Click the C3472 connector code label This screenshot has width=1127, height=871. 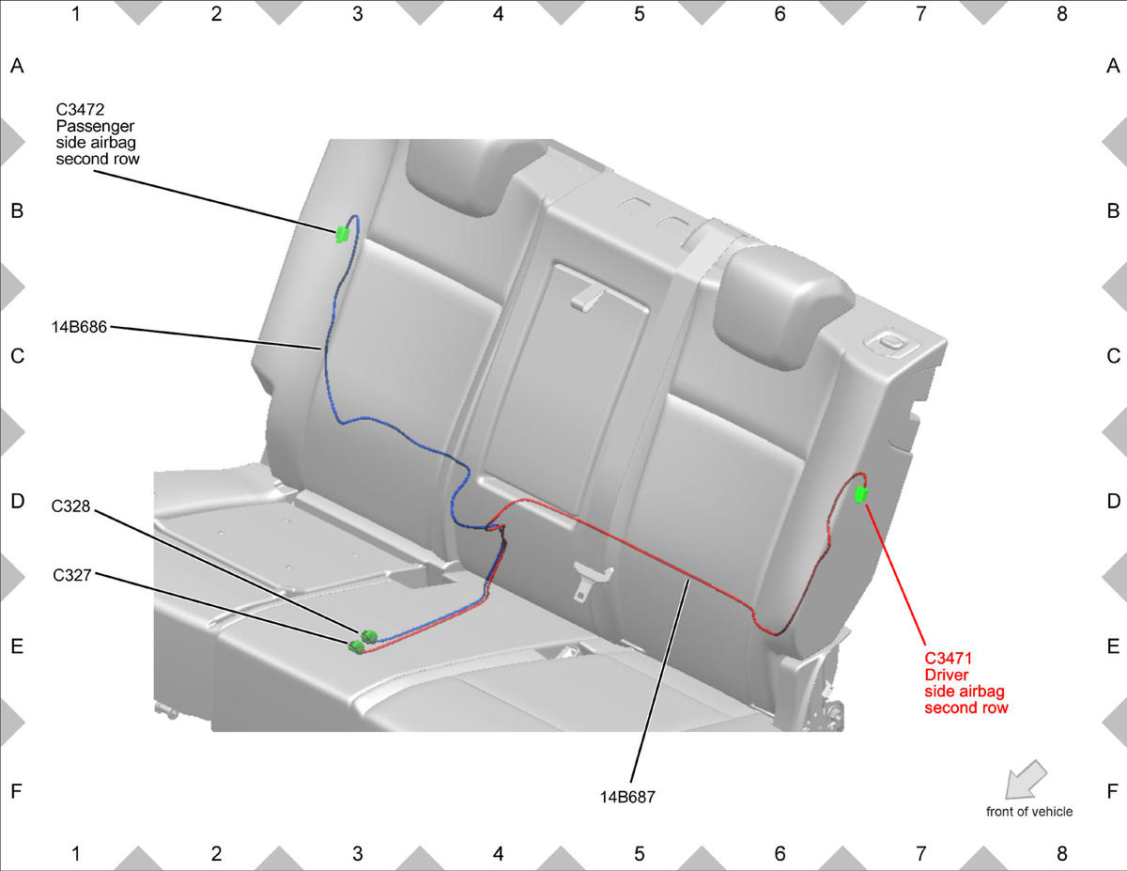click(80, 109)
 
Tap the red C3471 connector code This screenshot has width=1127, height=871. click(948, 659)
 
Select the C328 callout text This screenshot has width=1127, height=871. click(70, 505)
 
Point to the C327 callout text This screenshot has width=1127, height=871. click(72, 575)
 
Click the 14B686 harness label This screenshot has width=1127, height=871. click(79, 327)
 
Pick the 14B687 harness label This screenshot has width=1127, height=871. click(627, 797)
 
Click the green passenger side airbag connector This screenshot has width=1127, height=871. click(342, 234)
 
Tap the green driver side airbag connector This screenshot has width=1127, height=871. click(861, 494)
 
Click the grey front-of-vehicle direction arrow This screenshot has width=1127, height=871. click(1026, 780)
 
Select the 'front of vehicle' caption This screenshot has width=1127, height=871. click(1029, 812)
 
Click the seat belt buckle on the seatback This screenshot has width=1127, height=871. click(592, 580)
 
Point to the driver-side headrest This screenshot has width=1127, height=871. click(784, 307)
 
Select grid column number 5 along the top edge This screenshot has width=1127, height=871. click(639, 14)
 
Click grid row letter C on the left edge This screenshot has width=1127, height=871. click(17, 356)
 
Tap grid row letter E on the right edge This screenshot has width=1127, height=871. click(1113, 646)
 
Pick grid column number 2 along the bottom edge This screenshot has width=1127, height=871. click(216, 853)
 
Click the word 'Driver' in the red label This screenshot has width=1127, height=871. click(947, 675)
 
